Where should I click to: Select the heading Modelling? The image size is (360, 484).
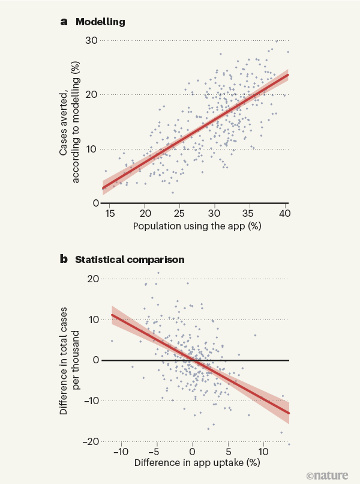[x=100, y=22]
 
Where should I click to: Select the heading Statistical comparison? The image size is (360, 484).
[x=129, y=261]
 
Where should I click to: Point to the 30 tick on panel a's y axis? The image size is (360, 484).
[x=92, y=40]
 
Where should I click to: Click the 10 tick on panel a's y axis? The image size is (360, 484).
[x=92, y=149]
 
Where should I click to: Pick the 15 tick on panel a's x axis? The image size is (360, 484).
[x=110, y=213]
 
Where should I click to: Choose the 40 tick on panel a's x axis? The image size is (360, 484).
[x=284, y=213]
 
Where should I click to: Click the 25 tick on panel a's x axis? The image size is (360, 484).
[x=179, y=213]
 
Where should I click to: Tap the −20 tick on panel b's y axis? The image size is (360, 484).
[x=91, y=441]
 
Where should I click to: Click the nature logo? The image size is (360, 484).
[x=327, y=475]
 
